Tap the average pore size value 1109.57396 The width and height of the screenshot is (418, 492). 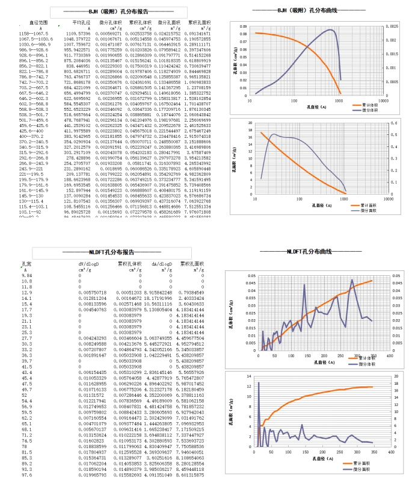pyautogui.click(x=78, y=33)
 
